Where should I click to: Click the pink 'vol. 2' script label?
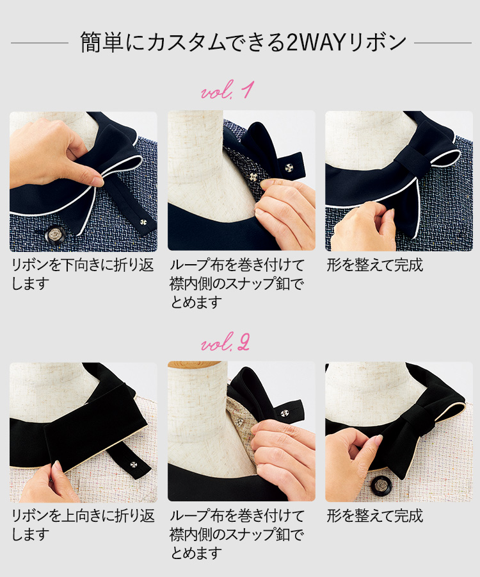pyautogui.click(x=225, y=342)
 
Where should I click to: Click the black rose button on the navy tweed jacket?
pyautogui.click(x=55, y=235)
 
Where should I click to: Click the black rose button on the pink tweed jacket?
pyautogui.click(x=380, y=485)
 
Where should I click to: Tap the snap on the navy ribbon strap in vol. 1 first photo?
pyautogui.click(x=142, y=222)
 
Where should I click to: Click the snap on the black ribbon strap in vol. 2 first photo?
pyautogui.click(x=133, y=465)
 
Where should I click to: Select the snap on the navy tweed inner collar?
pyautogui.click(x=252, y=177)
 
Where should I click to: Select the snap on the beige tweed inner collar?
pyautogui.click(x=239, y=422)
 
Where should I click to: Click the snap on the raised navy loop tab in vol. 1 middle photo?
pyautogui.click(x=289, y=168)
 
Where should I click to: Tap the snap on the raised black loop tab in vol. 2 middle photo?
pyautogui.click(x=284, y=414)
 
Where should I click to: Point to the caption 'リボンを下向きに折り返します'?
pyautogui.click(x=83, y=274)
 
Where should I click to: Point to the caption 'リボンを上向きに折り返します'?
pyautogui.click(x=83, y=524)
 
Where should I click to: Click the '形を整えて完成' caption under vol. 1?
pyautogui.click(x=374, y=265)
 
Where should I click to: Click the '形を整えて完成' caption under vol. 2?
pyautogui.click(x=374, y=516)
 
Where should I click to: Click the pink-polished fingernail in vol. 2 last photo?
pyautogui.click(x=378, y=439)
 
